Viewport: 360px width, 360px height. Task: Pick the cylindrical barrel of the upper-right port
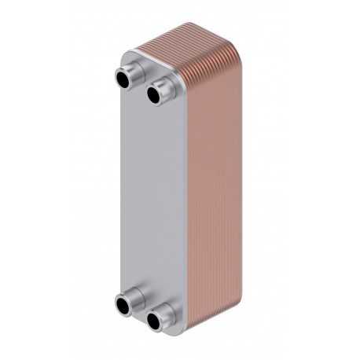(x=163, y=89)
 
